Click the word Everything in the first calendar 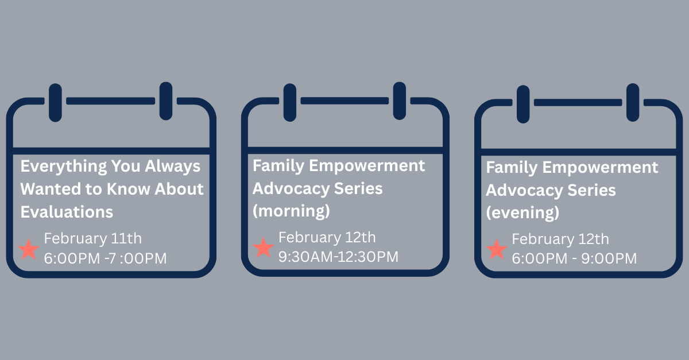point(64,167)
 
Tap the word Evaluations point(67,212)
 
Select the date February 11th point(92,239)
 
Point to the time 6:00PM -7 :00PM point(105,258)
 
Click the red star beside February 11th point(29,249)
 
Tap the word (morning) point(291,211)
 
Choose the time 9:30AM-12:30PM point(338,257)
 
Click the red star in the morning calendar point(264,247)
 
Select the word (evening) point(522,212)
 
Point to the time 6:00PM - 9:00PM point(574,258)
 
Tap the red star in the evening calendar point(497,249)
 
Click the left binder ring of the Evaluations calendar point(55,102)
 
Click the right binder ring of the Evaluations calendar point(166,101)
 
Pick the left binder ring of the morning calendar point(290,102)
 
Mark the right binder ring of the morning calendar point(399,101)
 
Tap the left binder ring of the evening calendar point(523,104)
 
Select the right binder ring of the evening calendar point(633,102)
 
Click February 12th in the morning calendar point(327,238)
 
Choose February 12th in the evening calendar point(560,239)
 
